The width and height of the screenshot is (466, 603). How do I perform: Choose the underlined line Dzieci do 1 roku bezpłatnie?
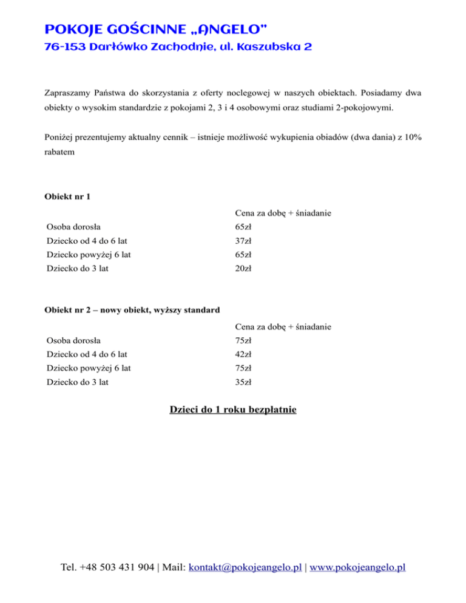[x=233, y=410]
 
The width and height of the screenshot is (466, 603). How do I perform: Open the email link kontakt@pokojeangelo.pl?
[x=246, y=568]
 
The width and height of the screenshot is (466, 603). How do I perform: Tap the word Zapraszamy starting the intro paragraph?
[x=67, y=94]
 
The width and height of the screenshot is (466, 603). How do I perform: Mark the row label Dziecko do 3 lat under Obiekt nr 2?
[x=77, y=382]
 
